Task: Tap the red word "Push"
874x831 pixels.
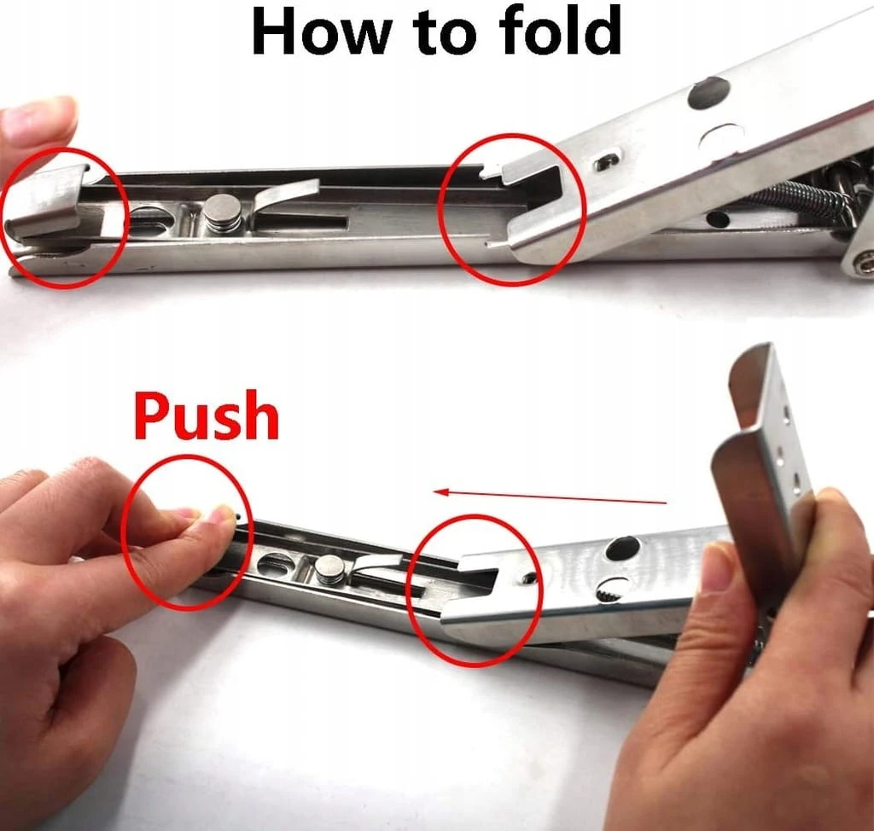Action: click(207, 416)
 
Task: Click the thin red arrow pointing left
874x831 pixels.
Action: click(551, 497)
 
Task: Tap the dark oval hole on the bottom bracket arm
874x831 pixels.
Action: click(622, 549)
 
